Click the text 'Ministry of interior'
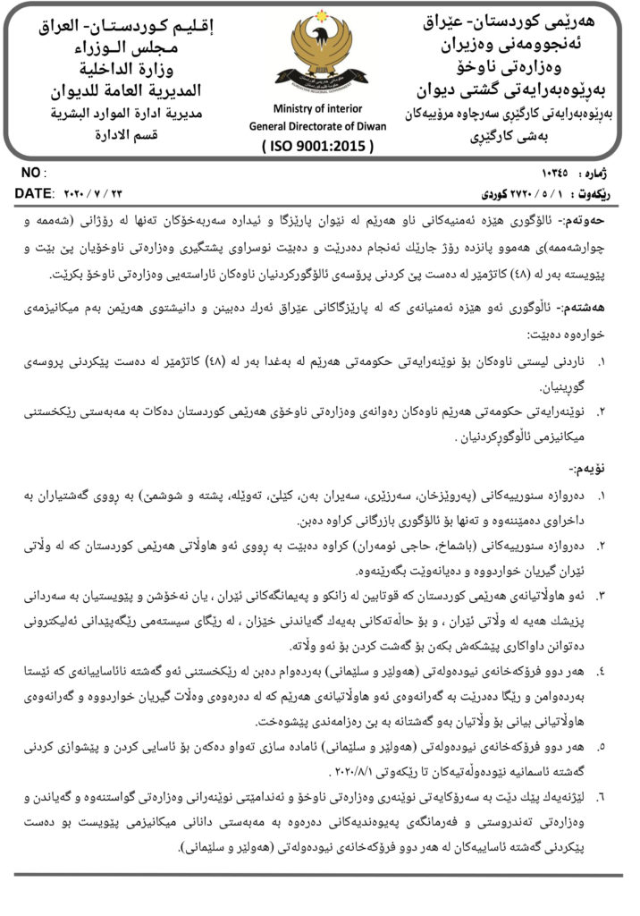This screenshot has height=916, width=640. [318, 109]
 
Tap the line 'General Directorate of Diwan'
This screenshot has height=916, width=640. [318, 126]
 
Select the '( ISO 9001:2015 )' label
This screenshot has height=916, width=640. [318, 146]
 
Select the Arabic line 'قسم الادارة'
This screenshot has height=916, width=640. [126, 136]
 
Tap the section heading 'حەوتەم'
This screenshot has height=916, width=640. [593, 217]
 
